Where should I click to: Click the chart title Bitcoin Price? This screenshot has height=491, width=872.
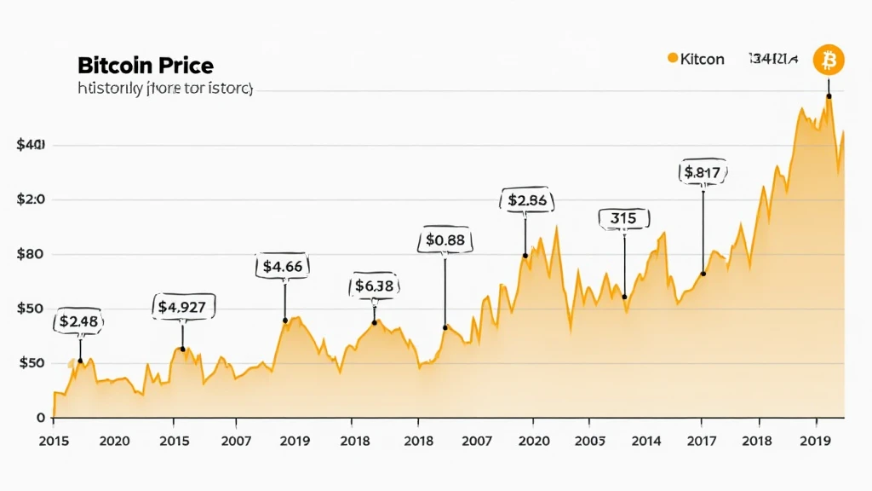(145, 65)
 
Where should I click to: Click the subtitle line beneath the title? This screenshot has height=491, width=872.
(165, 89)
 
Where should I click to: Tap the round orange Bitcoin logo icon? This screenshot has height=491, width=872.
(829, 60)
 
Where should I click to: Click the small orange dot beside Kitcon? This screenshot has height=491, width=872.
(673, 59)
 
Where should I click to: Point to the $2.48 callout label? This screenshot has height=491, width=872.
(79, 321)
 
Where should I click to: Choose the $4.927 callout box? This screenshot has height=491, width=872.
(184, 305)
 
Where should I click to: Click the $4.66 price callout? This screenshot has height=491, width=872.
(283, 266)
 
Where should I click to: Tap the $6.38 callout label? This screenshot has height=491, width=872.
(375, 286)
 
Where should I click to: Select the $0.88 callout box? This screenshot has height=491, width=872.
(445, 240)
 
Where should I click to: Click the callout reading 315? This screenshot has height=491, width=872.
(623, 218)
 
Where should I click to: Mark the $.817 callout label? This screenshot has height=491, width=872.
(703, 173)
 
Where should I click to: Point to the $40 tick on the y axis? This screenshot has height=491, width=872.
(30, 146)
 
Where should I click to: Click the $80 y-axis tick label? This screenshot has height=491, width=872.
(30, 254)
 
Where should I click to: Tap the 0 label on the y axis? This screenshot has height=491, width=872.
(40, 418)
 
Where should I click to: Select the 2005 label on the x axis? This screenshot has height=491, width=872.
(589, 441)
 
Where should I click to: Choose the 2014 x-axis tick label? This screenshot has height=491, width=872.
(647, 441)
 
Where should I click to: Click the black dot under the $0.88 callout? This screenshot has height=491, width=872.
(445, 327)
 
